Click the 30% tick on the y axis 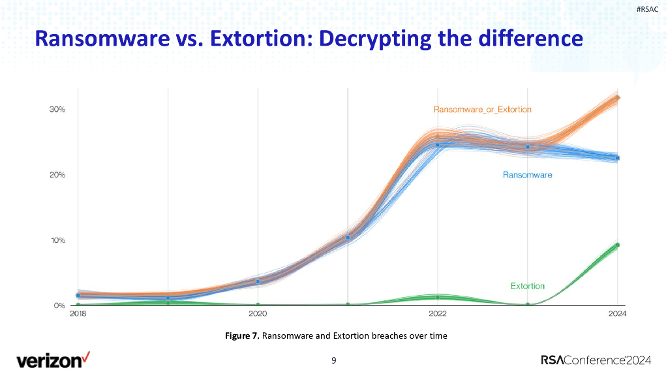tap(57, 110)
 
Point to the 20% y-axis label tap(57, 175)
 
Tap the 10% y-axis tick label tap(57, 240)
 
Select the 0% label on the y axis tap(59, 305)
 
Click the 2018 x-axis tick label tap(78, 314)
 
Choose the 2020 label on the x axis tap(258, 314)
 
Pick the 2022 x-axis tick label tap(437, 314)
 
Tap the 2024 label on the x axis tap(617, 314)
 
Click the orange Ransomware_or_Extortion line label tap(482, 110)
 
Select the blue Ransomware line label tap(527, 175)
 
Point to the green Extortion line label tap(527, 286)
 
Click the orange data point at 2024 tap(617, 98)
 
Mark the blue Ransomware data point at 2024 tap(617, 158)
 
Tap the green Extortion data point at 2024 tap(617, 245)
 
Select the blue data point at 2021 tap(348, 238)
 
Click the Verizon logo tap(53, 359)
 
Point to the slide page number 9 tap(334, 360)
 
